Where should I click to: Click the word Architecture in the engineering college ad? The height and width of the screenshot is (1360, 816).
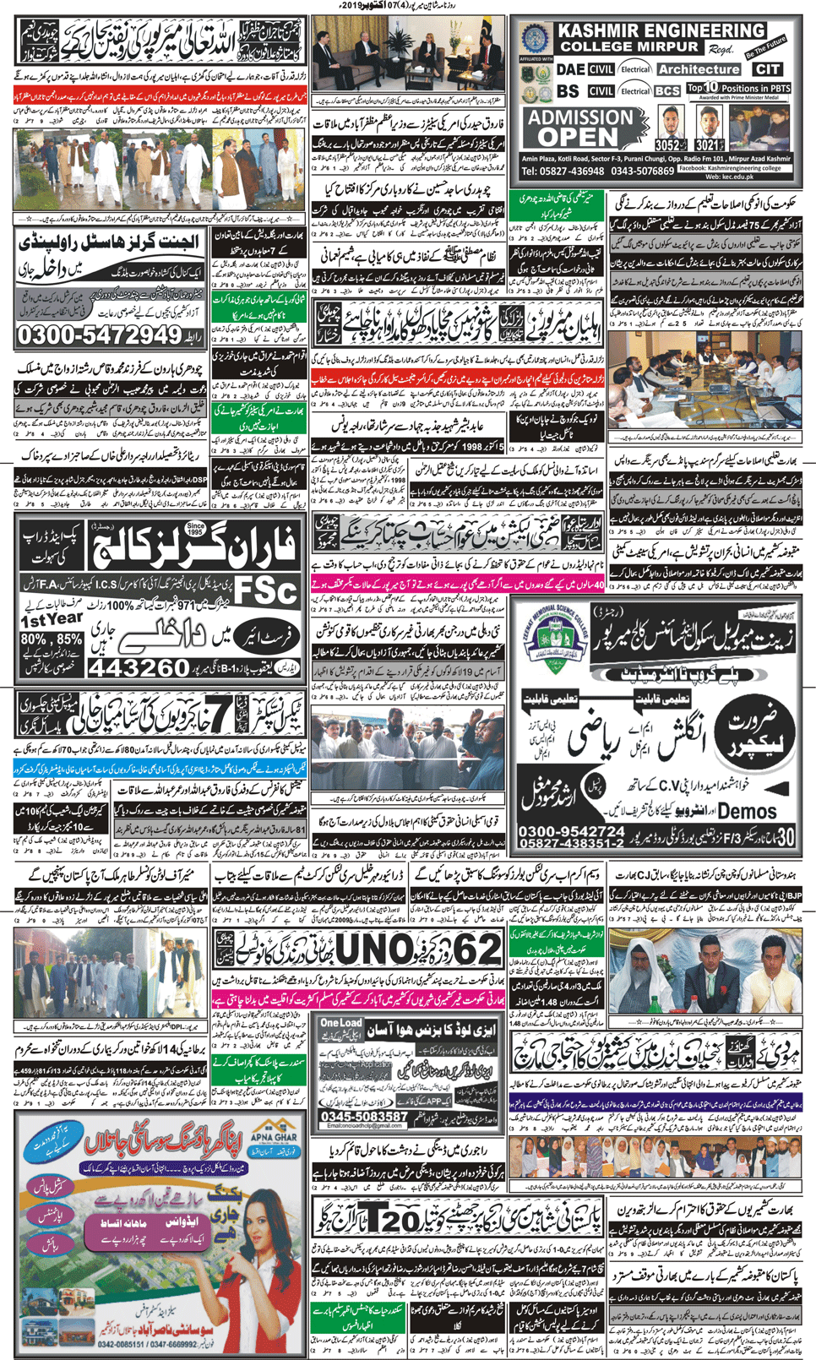(699, 69)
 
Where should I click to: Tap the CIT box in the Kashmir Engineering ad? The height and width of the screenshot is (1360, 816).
(768, 69)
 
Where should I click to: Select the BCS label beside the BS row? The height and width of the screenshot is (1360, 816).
(667, 90)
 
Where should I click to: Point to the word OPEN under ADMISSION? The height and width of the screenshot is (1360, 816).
(578, 137)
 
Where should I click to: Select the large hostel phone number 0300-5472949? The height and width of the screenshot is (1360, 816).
(100, 335)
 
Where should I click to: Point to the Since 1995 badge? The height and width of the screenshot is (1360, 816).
(195, 530)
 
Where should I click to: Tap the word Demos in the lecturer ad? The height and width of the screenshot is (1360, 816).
(747, 811)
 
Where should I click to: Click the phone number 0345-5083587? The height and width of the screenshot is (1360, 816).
(364, 1116)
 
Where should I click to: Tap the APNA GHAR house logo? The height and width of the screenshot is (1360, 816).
(272, 1133)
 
